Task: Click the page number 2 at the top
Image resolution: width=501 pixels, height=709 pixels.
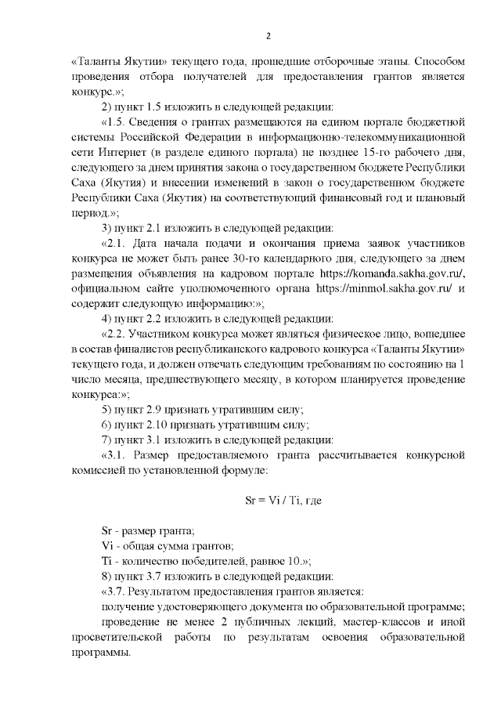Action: click(268, 37)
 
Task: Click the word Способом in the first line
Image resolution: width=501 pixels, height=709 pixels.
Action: click(440, 60)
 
